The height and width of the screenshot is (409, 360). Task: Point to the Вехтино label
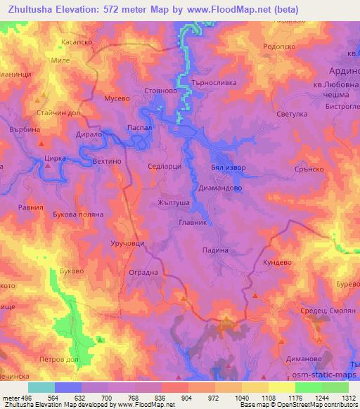[107, 161]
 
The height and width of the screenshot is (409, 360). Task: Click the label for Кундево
[278, 261]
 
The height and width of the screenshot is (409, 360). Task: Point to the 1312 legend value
[348, 398]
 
